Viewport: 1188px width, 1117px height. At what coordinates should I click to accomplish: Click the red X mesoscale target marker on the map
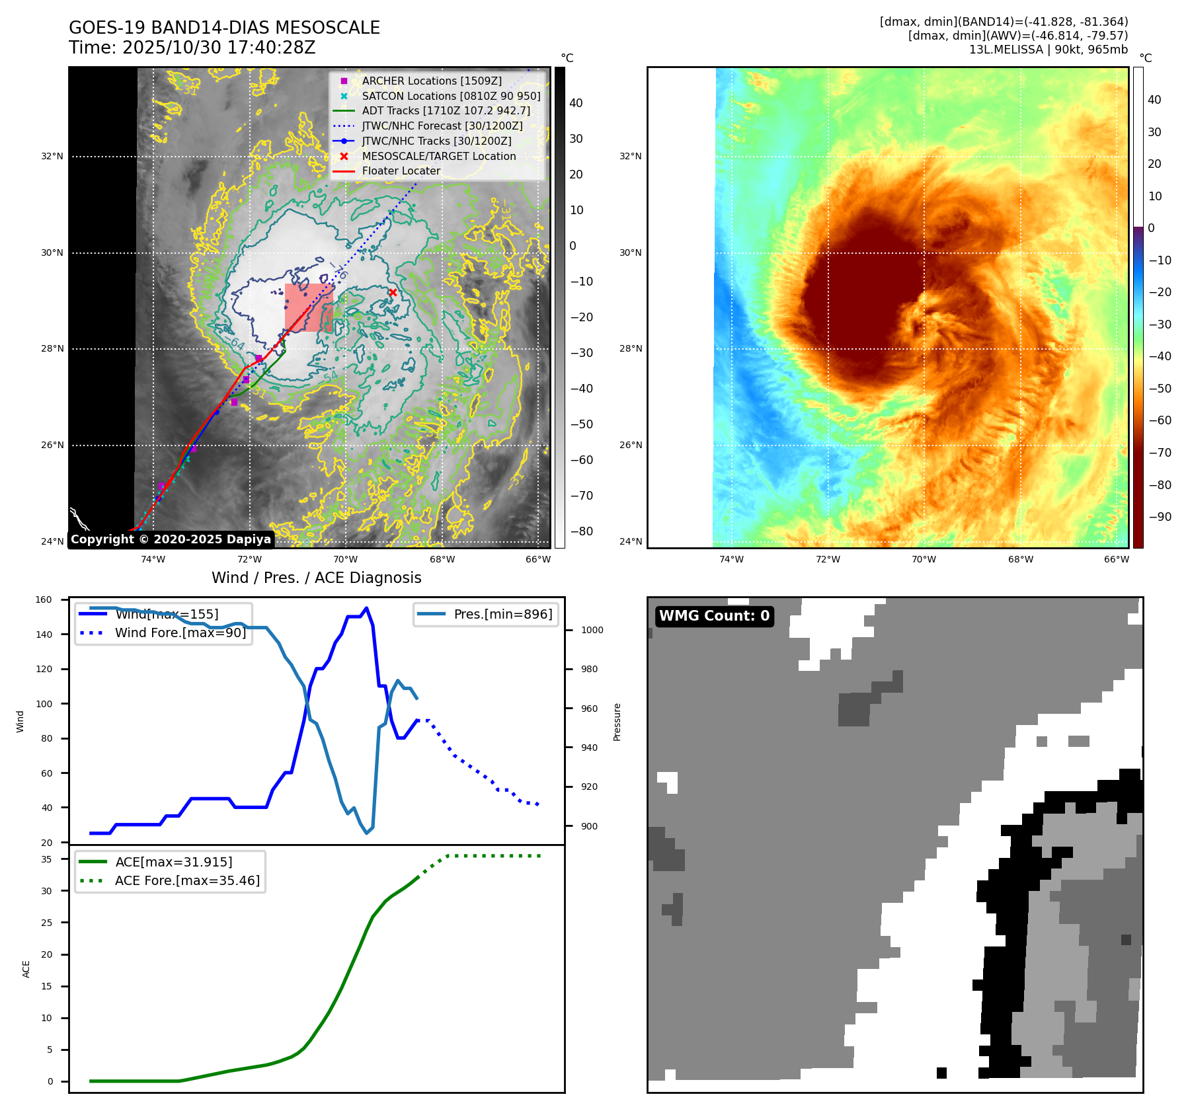pyautogui.click(x=393, y=292)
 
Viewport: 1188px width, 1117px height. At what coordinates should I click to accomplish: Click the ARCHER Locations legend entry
pyautogui.click(x=431, y=81)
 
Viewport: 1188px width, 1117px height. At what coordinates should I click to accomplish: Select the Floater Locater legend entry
pyautogui.click(x=401, y=171)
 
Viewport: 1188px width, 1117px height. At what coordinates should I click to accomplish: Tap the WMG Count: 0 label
pyautogui.click(x=714, y=616)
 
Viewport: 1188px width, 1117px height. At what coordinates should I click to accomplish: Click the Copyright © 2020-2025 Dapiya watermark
pyautogui.click(x=171, y=539)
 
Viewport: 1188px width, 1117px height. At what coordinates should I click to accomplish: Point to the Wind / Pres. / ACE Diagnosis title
pyautogui.click(x=316, y=578)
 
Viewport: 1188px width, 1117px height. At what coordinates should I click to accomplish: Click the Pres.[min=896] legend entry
pyautogui.click(x=502, y=614)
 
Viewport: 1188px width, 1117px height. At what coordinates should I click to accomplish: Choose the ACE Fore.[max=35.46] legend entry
pyautogui.click(x=187, y=880)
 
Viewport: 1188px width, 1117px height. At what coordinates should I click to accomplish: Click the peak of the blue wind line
pyautogui.click(x=367, y=608)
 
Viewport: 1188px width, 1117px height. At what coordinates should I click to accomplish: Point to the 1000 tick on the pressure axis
pyautogui.click(x=592, y=630)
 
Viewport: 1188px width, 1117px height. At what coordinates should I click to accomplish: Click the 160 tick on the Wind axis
pyautogui.click(x=44, y=600)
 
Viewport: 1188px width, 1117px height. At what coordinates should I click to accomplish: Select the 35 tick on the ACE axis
pyautogui.click(x=46, y=859)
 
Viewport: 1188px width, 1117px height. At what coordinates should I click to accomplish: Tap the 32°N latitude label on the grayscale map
pyautogui.click(x=52, y=157)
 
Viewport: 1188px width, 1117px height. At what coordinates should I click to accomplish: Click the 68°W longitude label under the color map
pyautogui.click(x=1020, y=559)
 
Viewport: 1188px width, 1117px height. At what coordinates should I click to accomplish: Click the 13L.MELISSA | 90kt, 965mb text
pyautogui.click(x=1048, y=50)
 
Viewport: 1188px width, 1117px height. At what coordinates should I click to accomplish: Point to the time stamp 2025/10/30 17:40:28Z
pyautogui.click(x=219, y=48)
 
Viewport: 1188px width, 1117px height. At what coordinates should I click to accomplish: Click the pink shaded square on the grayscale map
pyautogui.click(x=309, y=307)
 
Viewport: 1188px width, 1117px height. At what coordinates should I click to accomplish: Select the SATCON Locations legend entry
pyautogui.click(x=451, y=96)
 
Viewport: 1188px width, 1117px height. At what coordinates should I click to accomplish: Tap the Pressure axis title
pyautogui.click(x=617, y=722)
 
